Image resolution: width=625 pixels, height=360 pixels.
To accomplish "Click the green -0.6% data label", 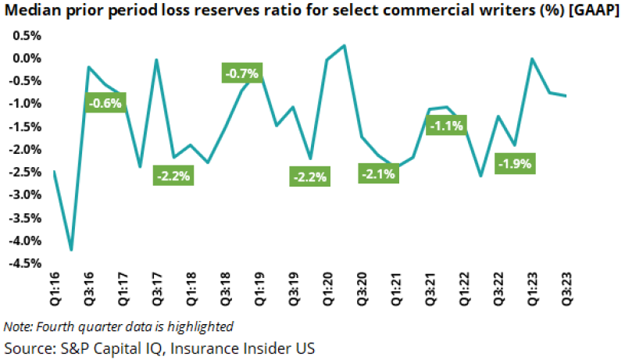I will (105, 103).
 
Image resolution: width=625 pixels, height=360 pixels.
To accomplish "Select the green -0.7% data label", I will (241, 73).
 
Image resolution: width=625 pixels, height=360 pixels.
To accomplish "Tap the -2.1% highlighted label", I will (377, 174).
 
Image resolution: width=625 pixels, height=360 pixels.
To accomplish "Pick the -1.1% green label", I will (446, 125).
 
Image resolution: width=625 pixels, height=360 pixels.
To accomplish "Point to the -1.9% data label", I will (515, 164).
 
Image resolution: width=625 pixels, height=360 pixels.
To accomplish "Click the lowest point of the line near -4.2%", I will (72, 250).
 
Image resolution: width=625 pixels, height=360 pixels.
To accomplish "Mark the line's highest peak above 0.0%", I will (345, 45).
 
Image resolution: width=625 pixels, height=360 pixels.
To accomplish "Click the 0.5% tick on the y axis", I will (27, 36).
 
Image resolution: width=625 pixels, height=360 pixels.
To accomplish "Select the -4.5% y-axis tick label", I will (25, 264).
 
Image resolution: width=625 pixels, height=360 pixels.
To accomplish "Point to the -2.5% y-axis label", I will (25, 173).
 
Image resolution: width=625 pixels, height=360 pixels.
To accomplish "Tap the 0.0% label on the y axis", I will (27, 59).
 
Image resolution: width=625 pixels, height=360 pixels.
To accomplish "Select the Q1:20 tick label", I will (327, 292).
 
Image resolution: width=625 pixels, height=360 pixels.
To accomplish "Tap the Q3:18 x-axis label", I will (225, 292).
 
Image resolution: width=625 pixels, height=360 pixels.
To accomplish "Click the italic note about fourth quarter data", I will (118, 326).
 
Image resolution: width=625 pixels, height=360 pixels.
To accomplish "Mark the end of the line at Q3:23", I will (566, 96).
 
